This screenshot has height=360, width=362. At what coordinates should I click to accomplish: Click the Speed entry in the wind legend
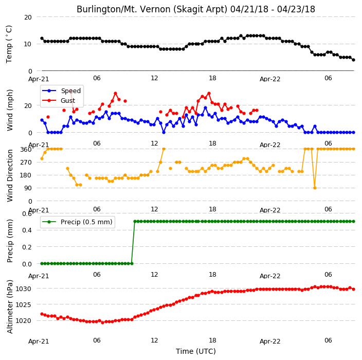[x=61, y=91]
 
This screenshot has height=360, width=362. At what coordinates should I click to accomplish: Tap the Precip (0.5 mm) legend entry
[x=78, y=222]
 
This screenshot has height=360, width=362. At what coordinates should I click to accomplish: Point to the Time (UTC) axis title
[x=196, y=351]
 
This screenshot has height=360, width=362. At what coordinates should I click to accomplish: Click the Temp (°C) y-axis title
[x=9, y=44]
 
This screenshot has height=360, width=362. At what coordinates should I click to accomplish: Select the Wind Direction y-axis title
[x=10, y=175]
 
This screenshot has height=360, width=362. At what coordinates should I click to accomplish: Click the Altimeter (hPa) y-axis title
[x=10, y=307]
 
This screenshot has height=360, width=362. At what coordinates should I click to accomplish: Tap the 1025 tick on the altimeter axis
[x=23, y=305]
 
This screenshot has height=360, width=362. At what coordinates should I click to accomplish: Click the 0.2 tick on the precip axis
[x=27, y=247]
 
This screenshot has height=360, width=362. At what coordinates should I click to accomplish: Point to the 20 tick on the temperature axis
[x=28, y=17]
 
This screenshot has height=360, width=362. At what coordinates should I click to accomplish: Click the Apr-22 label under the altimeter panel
[x=270, y=341]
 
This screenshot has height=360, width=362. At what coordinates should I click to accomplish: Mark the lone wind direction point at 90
[x=315, y=188]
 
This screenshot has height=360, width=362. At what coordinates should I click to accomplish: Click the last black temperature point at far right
[x=353, y=60]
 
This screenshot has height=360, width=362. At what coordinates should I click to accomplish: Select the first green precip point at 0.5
[x=135, y=222]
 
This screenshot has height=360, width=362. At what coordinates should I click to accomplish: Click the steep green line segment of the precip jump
[x=134, y=242]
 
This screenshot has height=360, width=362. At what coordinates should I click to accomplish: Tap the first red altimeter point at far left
[x=42, y=314]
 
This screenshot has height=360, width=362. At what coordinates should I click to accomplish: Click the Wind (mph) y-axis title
[x=10, y=110]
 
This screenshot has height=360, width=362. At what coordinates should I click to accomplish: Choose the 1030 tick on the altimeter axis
[x=23, y=289]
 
